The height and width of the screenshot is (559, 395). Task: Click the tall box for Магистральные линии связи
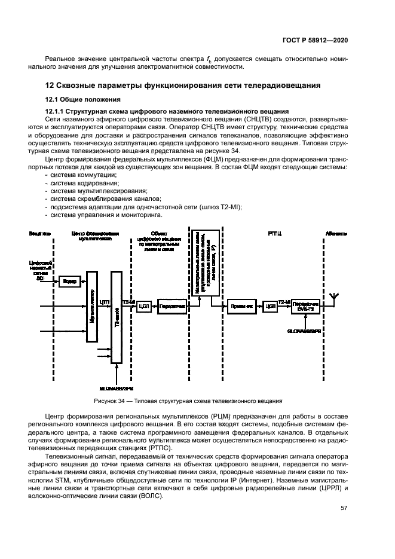[x=198, y=263]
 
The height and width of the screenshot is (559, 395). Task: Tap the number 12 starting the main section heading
[x=51, y=85]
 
